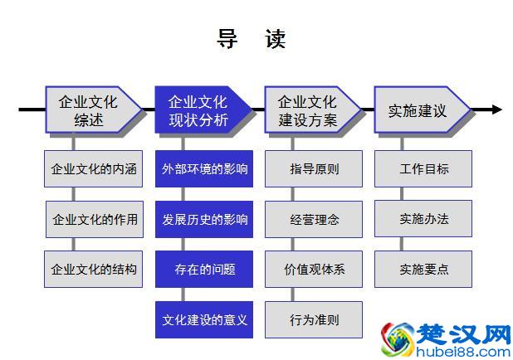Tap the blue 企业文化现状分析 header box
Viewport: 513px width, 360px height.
199,110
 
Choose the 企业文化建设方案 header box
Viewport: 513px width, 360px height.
309,110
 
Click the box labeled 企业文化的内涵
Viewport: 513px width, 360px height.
94,169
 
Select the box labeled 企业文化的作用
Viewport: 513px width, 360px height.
94,219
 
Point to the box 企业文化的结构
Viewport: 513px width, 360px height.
94,269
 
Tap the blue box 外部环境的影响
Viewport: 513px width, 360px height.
204,169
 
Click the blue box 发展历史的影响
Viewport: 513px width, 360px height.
204,219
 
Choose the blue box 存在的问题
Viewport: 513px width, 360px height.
204,269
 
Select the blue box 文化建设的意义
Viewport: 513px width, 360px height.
204,319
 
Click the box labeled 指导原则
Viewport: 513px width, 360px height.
314,169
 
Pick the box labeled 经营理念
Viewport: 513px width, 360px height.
314,219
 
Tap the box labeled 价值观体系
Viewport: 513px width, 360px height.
314,269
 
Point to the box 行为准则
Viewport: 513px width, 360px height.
314,319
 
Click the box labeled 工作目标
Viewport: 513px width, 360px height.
423,169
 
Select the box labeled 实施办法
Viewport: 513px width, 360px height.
423,219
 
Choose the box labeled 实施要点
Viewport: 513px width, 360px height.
423,269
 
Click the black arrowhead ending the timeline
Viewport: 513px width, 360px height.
496,109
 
